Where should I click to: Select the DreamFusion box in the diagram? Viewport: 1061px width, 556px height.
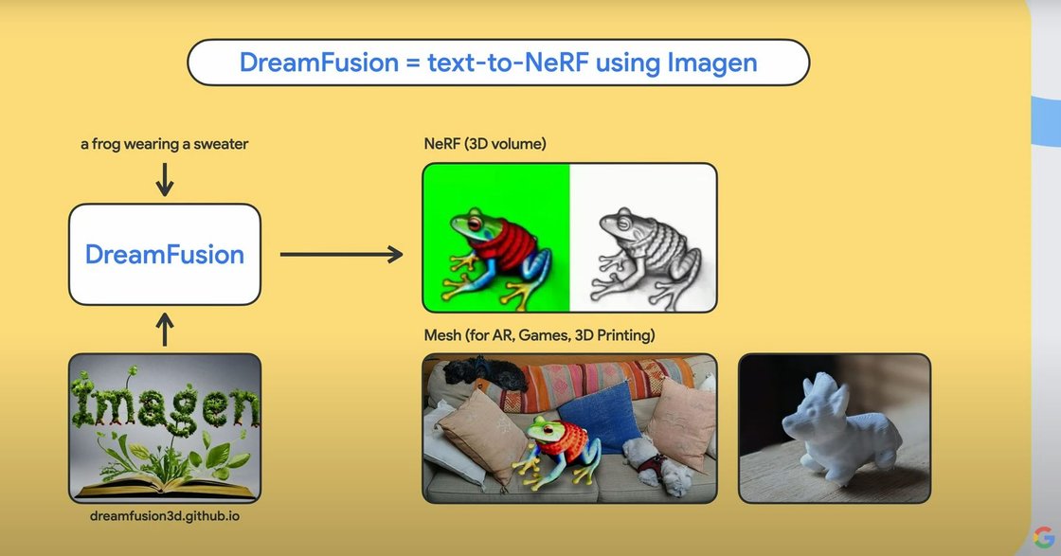pos(165,254)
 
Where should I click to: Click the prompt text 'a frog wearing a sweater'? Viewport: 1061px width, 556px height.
pos(164,145)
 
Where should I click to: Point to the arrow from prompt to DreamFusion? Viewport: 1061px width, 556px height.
pos(165,179)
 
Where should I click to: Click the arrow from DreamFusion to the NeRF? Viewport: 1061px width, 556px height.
pos(341,254)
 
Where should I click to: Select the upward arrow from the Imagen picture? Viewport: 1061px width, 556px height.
pos(165,330)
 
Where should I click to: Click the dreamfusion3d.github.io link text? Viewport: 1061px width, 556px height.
pos(165,516)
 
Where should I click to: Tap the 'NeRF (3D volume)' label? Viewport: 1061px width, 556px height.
pos(485,144)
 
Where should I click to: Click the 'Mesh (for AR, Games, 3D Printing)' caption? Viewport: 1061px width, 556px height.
pos(539,335)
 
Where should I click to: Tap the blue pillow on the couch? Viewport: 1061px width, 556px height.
pos(597,417)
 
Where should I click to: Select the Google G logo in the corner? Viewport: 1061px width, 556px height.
pos(1045,537)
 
